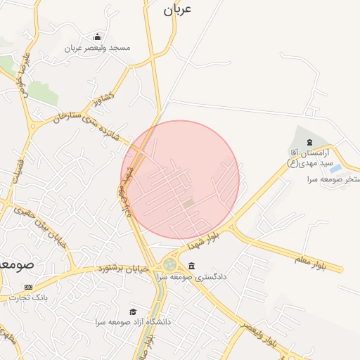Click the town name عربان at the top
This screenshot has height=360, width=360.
(177, 10)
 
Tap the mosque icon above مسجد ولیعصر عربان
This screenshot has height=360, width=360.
(97, 37)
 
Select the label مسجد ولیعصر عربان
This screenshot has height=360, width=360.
(97, 48)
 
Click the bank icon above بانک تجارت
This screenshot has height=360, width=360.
(28, 287)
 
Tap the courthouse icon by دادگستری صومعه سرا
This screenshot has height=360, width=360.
(192, 266)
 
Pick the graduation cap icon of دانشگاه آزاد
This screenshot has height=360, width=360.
(132, 311)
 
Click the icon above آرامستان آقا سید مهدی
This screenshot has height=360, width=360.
(309, 143)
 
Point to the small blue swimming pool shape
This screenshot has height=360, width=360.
(336, 169)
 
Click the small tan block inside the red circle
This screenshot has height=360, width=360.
(188, 203)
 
